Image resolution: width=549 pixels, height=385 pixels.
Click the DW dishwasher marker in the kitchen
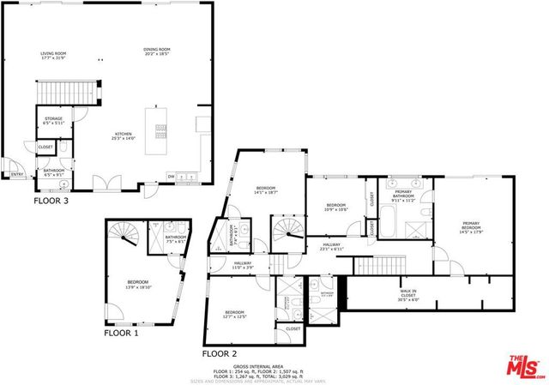click(172, 176)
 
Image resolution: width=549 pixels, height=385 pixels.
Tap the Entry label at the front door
click(15, 175)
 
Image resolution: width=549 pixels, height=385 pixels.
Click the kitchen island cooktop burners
click(160, 129)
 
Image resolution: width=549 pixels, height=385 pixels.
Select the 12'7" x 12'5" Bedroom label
click(235, 314)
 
